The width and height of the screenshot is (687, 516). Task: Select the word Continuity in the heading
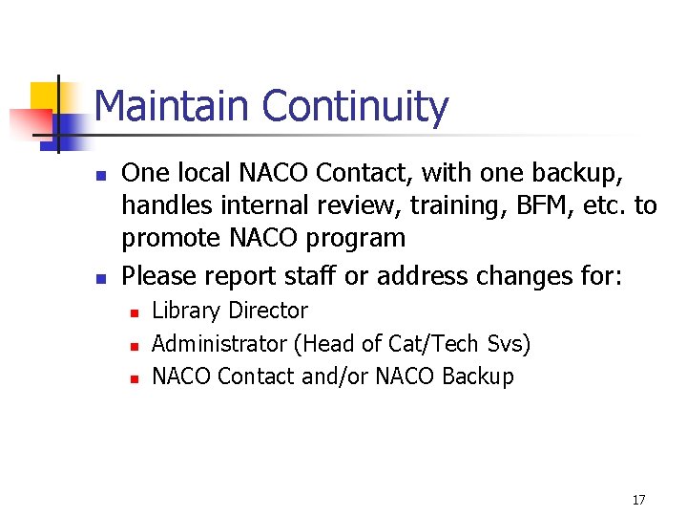point(355,106)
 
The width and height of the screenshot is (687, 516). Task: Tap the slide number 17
point(638,500)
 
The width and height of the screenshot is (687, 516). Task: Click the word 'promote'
point(170,238)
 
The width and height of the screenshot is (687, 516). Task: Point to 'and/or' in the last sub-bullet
point(335,376)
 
